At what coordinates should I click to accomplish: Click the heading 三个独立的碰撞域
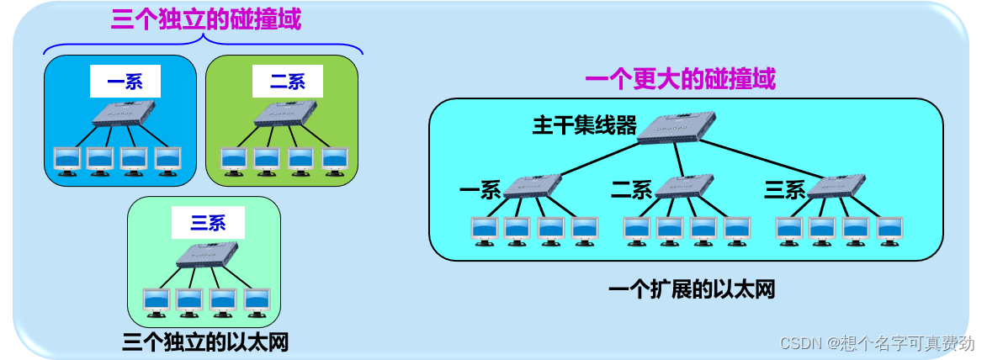pos(205,20)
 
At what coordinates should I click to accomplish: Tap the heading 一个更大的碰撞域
pos(680,80)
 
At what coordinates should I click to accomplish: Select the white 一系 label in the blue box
pos(125,82)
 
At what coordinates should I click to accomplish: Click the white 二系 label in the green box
pos(287,82)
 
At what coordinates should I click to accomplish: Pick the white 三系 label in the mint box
pos(208,223)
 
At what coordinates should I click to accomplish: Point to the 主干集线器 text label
pos(585,125)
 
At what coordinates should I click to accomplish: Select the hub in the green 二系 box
pos(285,113)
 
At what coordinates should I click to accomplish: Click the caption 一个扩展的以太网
pos(691,290)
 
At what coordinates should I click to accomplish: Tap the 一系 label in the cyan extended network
pos(480,190)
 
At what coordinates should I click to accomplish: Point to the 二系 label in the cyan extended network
pos(631,190)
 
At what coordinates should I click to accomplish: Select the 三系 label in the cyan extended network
pos(784,190)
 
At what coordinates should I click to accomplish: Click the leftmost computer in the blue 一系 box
pos(66,160)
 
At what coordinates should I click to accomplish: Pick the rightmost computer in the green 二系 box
pos(335,160)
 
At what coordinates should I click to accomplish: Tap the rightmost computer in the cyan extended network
pos(889,229)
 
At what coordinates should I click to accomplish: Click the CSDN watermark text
pos(876,343)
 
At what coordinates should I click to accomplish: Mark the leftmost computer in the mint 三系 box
pos(157,301)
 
